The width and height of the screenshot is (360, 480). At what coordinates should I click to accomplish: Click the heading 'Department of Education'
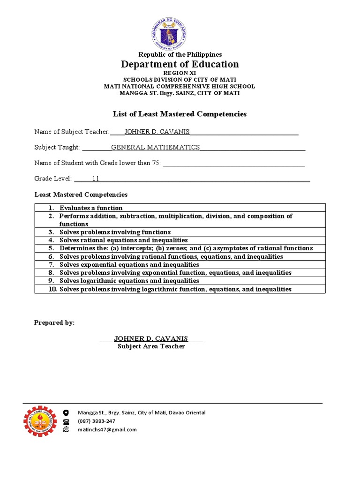tap(180, 64)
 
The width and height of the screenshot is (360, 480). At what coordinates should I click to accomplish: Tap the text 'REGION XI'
tap(180, 73)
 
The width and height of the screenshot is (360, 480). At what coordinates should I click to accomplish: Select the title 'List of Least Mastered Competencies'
tap(180, 114)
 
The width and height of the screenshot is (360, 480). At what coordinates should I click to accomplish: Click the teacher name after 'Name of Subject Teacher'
tap(157, 132)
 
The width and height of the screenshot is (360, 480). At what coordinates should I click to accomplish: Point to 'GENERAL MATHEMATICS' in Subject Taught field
tap(155, 147)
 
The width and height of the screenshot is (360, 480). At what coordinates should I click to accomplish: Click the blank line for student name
tap(233, 163)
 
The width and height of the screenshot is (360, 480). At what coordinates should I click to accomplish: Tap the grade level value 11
tap(96, 179)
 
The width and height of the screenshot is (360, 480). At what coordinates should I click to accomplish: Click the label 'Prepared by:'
tap(54, 323)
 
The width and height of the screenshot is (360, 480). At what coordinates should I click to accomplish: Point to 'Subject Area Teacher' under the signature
tap(151, 346)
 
